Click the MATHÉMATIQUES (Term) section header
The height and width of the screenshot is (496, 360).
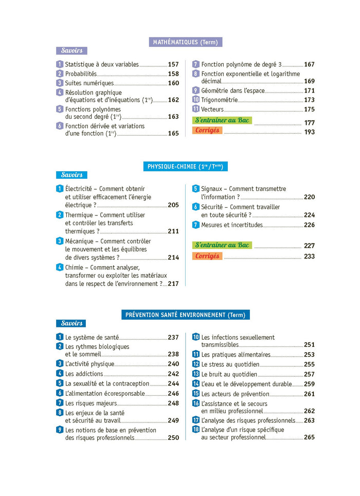(x=186, y=42)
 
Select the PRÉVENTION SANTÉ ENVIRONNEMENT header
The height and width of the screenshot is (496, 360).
(x=185, y=315)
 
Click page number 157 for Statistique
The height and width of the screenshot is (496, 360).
(x=173, y=65)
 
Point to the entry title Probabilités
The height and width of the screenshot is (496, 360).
(x=81, y=74)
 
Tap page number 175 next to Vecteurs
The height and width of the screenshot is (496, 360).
(x=309, y=109)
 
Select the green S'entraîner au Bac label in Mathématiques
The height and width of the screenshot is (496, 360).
(x=222, y=120)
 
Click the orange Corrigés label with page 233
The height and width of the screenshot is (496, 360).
(x=208, y=256)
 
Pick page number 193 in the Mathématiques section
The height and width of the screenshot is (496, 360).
(x=309, y=132)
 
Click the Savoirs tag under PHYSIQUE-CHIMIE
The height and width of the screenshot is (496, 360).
(x=71, y=175)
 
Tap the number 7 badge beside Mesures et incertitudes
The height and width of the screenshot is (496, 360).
(x=196, y=225)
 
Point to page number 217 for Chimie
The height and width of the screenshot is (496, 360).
(x=173, y=283)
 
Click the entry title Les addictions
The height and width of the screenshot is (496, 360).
(x=84, y=374)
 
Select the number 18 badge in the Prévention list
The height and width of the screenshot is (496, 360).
(x=196, y=430)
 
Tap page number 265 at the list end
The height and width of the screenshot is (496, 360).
(x=309, y=437)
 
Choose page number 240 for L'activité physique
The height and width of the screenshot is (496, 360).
(x=173, y=364)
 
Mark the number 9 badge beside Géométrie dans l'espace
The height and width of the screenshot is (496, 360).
(x=196, y=90)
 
